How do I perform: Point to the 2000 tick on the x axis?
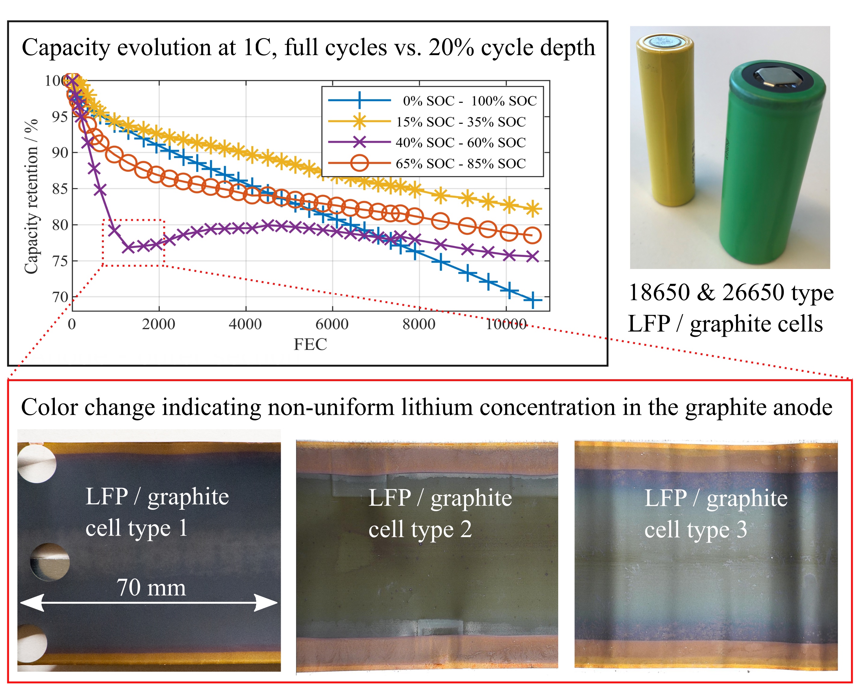tap(158, 324)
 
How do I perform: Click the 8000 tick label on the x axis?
tap(419, 324)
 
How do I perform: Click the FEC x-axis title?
tap(310, 344)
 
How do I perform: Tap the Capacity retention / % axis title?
tap(31, 197)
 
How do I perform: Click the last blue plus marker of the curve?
tap(533, 300)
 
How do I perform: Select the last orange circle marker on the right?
tap(533, 236)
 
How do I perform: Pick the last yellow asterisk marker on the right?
tap(533, 209)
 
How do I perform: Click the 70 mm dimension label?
tap(151, 587)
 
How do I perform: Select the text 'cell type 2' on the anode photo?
tap(420, 530)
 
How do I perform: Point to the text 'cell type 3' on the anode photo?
tap(695, 530)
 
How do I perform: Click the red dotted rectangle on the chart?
tap(133, 220)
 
